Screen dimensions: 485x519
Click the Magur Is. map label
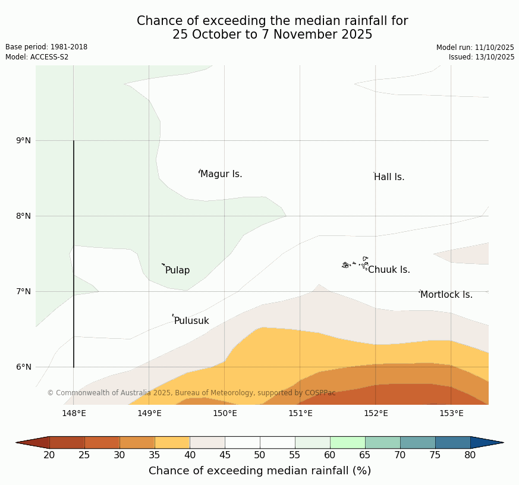(221, 174)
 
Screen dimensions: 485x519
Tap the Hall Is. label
(389, 177)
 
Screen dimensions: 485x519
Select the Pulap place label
(178, 270)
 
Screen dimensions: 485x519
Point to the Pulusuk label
(191, 321)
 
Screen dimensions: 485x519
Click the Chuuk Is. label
(389, 270)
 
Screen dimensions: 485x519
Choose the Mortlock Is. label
(446, 295)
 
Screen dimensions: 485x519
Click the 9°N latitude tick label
(24, 141)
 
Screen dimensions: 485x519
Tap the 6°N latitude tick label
(24, 367)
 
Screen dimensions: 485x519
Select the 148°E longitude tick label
(74, 414)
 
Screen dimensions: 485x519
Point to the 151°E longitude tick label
(300, 414)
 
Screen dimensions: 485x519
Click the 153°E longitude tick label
(451, 414)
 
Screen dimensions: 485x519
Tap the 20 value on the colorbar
(49, 455)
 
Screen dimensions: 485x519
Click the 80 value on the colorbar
(470, 455)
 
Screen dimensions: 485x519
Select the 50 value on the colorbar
(260, 455)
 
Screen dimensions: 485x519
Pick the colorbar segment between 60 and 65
(347, 442)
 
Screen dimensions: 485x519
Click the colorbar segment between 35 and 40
(172, 442)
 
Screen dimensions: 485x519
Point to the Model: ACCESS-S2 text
(37, 57)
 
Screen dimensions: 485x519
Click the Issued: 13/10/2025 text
(482, 57)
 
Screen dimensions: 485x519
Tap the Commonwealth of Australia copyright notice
(191, 393)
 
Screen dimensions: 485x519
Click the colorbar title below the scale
(260, 471)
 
